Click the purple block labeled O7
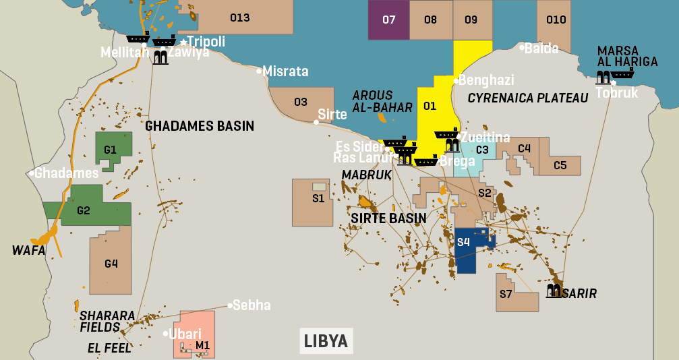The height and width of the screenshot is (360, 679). pyautogui.click(x=388, y=20)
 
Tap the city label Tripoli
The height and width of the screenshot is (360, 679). pyautogui.click(x=206, y=41)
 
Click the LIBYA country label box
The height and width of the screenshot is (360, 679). pyautogui.click(x=326, y=340)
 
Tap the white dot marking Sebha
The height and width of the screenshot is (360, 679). pyautogui.click(x=229, y=305)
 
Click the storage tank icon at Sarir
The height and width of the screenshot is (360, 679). pyautogui.click(x=554, y=291)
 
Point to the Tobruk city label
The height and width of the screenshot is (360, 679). pyautogui.click(x=616, y=93)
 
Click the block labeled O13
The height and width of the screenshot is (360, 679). pyautogui.click(x=239, y=18)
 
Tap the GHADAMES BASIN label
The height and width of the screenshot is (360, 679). pyautogui.click(x=200, y=126)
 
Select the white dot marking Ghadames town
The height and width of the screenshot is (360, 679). pyautogui.click(x=32, y=173)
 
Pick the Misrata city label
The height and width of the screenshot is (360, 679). pyautogui.click(x=285, y=71)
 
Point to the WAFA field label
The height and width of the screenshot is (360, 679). pyautogui.click(x=28, y=250)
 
